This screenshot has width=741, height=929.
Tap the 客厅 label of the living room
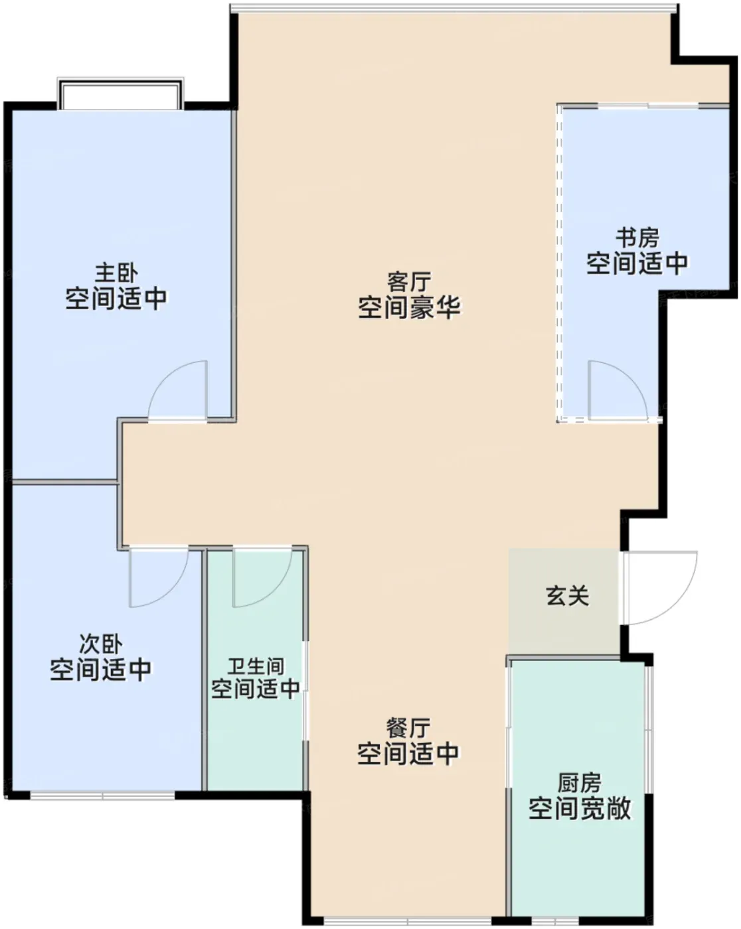click(x=409, y=282)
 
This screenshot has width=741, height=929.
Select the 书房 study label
click(x=637, y=238)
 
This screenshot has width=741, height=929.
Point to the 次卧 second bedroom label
click(x=101, y=644)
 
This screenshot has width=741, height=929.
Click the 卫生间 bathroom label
click(x=256, y=666)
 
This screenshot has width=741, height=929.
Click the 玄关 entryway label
click(x=567, y=596)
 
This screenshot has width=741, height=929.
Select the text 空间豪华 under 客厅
click(x=409, y=307)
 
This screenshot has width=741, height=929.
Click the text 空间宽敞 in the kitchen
click(x=580, y=808)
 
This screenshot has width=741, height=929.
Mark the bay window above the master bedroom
click(x=121, y=94)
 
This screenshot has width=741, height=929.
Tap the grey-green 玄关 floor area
click(x=564, y=602)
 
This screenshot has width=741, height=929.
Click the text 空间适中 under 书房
click(x=637, y=263)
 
